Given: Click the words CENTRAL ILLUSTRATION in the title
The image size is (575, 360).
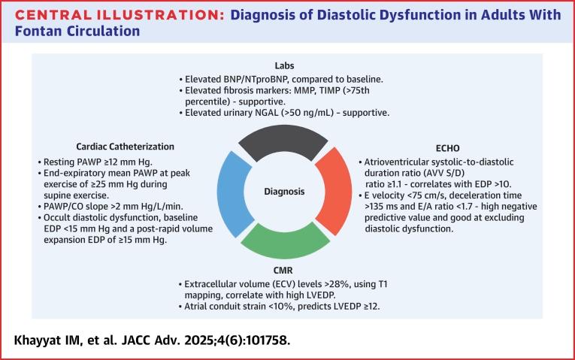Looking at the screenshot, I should pos(89,13).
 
